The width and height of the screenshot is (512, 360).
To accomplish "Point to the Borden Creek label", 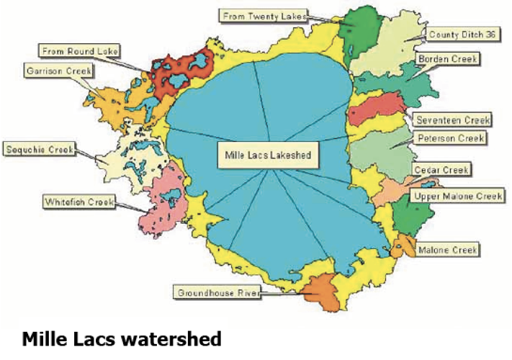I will (x=446, y=58).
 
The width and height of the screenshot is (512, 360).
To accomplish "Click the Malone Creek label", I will (x=448, y=250).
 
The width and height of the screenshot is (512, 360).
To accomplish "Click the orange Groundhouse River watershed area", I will (x=320, y=289).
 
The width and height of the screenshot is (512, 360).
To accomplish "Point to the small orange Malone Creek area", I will (x=402, y=247).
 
